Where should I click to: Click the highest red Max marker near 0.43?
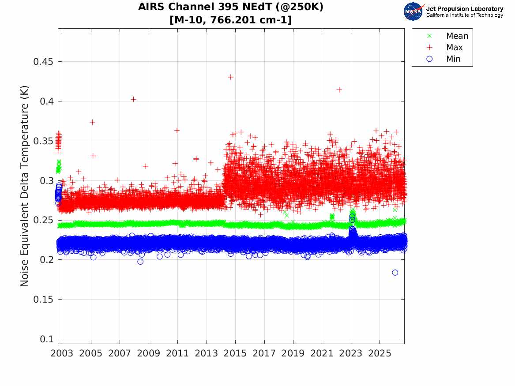coord(230,77)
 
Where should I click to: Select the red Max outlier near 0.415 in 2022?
coord(339,90)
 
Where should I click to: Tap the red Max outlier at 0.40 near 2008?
coord(133,99)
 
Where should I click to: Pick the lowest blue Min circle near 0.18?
coord(395,273)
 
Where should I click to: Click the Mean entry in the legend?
coord(457,36)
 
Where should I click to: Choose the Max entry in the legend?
coord(454,48)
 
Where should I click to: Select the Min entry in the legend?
coord(453,59)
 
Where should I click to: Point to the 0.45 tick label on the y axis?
coord(43,62)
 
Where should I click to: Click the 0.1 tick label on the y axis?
coord(46,339)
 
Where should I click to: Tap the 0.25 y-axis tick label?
coord(43,220)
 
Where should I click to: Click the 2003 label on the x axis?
coord(62,353)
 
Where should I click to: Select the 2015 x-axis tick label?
coord(235,353)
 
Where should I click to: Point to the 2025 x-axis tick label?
coord(380,353)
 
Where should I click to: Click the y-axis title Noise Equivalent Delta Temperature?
coord(25,186)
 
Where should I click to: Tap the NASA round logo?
coord(413,11)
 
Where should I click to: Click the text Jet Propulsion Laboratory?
coord(465,9)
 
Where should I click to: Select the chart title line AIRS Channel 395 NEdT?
coord(230,7)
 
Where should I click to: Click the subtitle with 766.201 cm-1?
coord(230,20)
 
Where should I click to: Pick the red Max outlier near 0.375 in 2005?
coord(93,123)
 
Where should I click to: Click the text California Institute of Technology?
coord(465,15)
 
